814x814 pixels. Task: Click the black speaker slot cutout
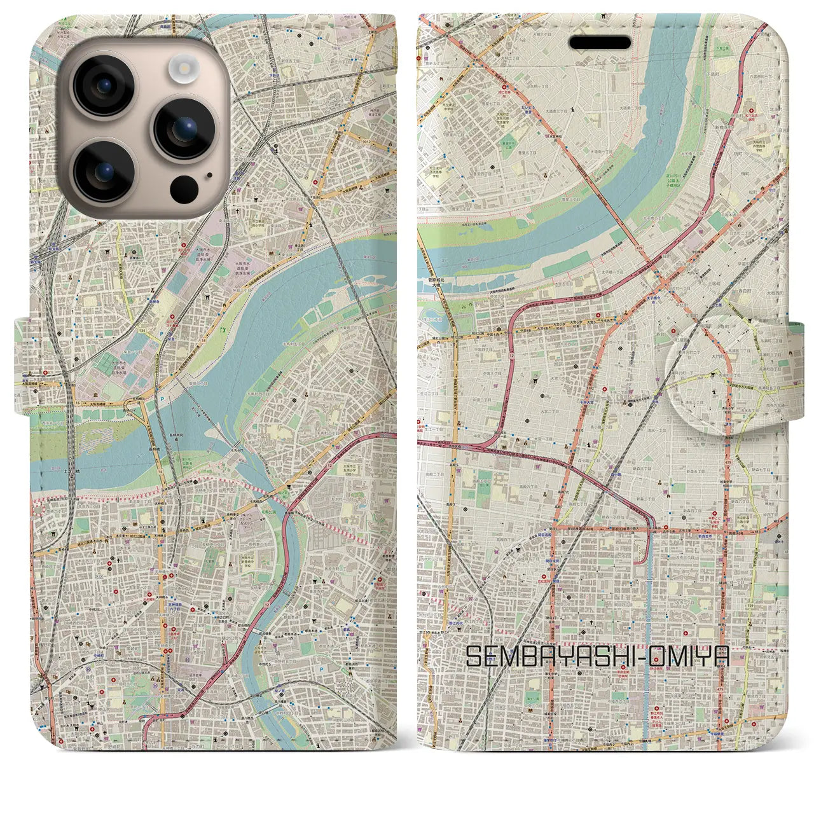tap(600, 43)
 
